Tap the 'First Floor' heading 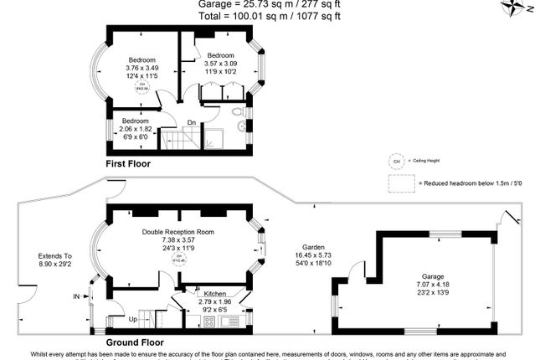pyautogui.click(x=128, y=164)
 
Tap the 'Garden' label pyautogui.click(x=315, y=247)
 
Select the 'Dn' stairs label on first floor pyautogui.click(x=192, y=122)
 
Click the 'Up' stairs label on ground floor pyautogui.click(x=133, y=319)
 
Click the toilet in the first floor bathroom pyautogui.click(x=237, y=111)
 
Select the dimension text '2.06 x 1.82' pyautogui.click(x=136, y=129)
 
